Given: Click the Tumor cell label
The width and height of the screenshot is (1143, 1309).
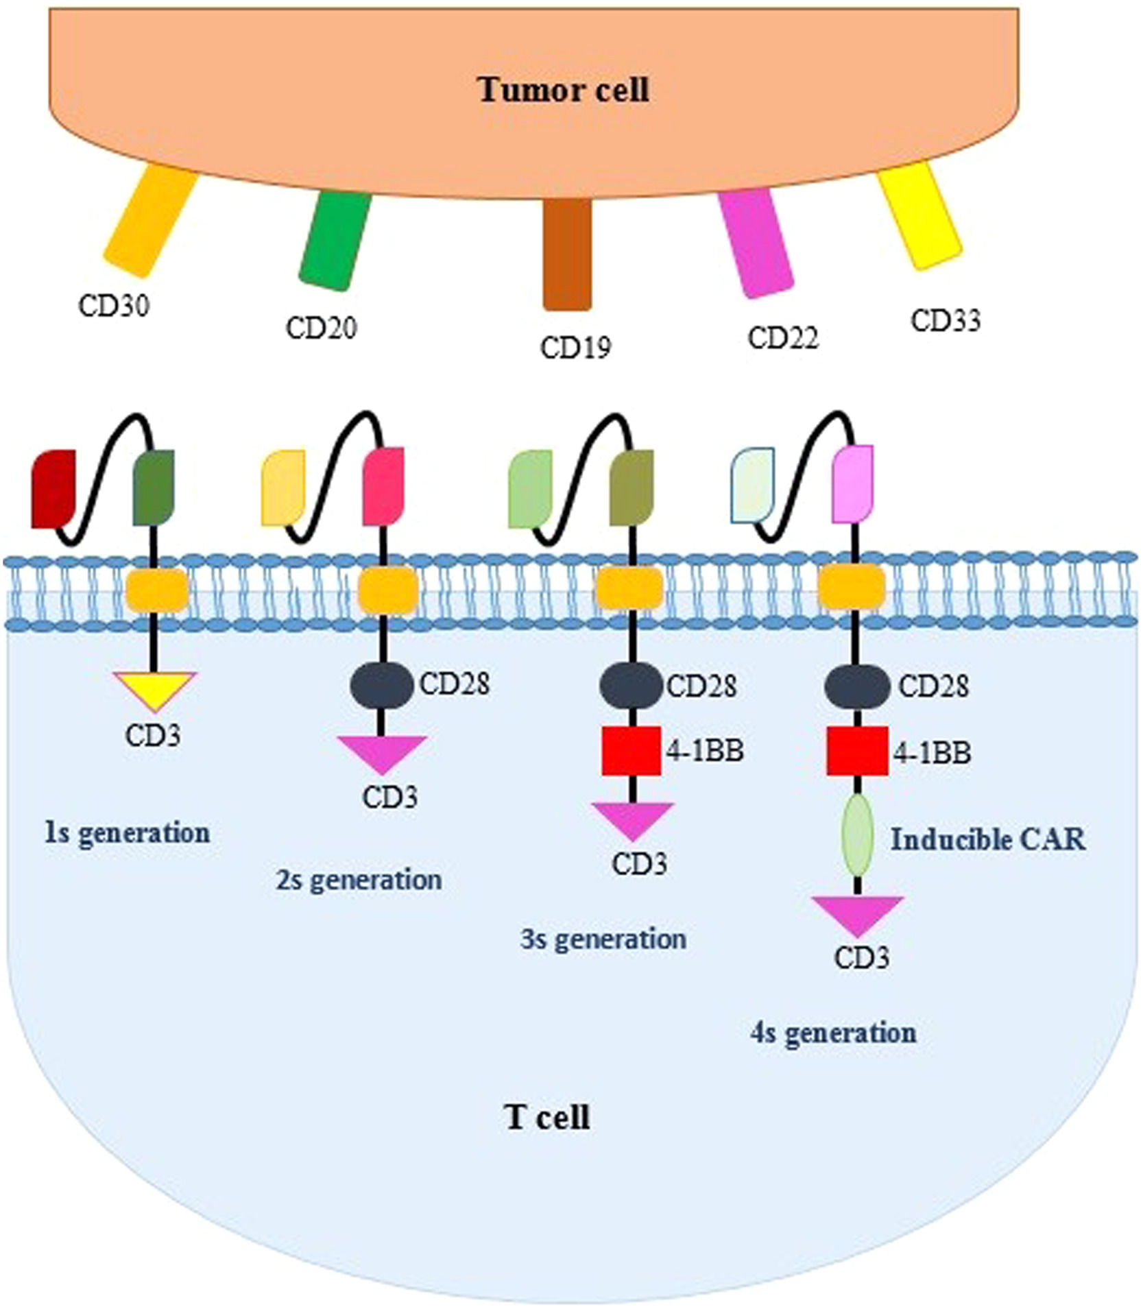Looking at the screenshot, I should point(564,91).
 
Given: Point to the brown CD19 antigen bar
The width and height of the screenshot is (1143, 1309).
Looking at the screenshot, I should point(567,254).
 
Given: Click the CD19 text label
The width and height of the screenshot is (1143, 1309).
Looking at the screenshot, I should point(575,347).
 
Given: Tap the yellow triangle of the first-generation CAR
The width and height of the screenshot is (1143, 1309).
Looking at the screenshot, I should point(156,688).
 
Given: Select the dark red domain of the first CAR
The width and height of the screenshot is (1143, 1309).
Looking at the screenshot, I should point(53,489).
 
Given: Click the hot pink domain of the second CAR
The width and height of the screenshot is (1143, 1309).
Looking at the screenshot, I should point(383,486).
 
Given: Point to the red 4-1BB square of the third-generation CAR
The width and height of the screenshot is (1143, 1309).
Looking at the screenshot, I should point(631,752).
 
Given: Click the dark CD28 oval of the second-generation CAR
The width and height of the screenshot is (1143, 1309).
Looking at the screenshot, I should point(382,684).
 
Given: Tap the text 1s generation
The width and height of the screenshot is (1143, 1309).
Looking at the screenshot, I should point(128,833).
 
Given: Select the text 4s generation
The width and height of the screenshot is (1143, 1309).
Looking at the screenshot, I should point(833,1032).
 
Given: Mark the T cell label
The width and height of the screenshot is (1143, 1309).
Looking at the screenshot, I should point(547,1118).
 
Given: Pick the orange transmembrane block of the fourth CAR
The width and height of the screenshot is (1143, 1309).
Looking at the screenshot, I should point(852,588).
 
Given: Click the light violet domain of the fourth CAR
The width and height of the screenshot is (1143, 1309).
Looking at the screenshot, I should point(852,483).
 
